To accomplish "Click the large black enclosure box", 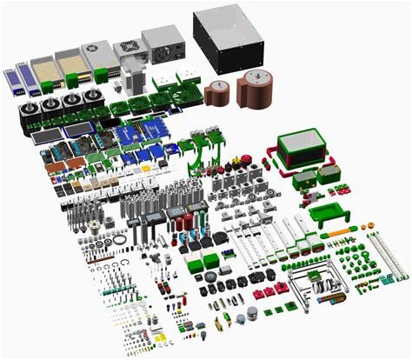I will click(228, 39).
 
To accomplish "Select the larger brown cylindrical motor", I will click(254, 90).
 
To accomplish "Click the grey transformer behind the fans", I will click(133, 77).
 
